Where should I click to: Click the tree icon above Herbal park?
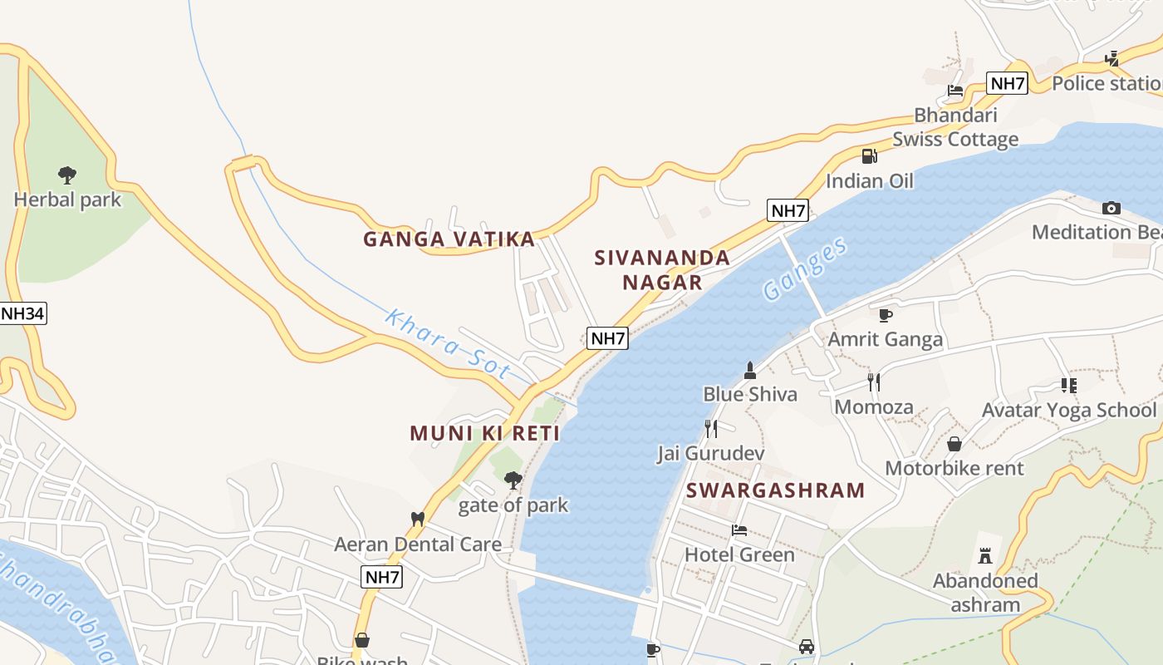pos(67,175)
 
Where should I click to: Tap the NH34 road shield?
pos(22,313)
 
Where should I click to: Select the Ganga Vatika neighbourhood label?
pos(449,239)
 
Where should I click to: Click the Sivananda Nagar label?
pos(662,269)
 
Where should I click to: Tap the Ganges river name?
pos(805,268)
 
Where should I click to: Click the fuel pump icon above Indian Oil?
pos(869,155)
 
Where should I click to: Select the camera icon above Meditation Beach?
pos(1111,208)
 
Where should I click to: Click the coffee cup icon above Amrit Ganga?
pos(886,315)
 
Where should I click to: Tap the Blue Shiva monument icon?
pos(750,370)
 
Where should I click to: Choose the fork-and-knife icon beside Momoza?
pos(874,382)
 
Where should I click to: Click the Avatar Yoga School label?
pos(1068,410)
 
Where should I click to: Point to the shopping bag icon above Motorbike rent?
pos(954,444)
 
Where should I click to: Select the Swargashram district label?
pos(776,490)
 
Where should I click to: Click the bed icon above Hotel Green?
pos(739,530)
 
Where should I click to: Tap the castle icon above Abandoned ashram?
pos(985,555)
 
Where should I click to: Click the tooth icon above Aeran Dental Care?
pos(418,519)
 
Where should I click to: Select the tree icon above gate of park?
pos(513,480)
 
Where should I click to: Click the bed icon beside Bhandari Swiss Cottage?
pos(955,91)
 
